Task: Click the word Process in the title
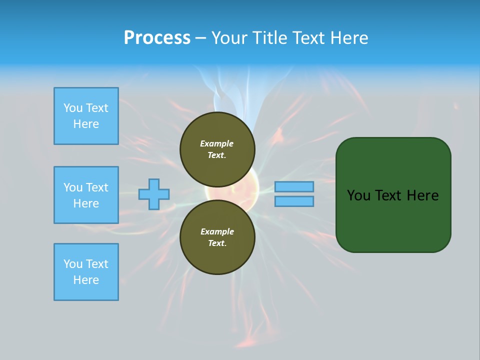pos(157,38)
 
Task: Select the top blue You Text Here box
pos(86,116)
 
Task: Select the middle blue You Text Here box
pos(86,195)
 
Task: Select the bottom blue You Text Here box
pos(86,272)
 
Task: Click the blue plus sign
pos(154,194)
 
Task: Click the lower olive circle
pos(217,237)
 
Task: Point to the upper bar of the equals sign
pos(294,186)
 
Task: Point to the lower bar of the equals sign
pos(294,201)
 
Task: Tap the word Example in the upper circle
pos(216,143)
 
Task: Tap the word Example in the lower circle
pos(216,231)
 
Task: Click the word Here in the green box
pos(422,195)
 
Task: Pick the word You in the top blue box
pos(73,108)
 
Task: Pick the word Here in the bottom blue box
pos(86,280)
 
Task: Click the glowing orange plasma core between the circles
pos(235,192)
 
